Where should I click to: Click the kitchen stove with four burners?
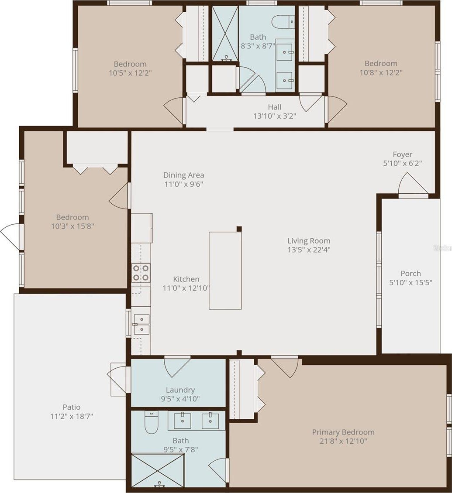(x=141, y=273)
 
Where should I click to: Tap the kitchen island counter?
(x=225, y=270)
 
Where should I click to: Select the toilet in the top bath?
(x=283, y=21)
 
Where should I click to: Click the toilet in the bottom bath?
(x=151, y=423)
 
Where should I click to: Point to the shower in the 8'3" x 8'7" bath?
(x=225, y=33)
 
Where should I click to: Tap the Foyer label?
(x=402, y=154)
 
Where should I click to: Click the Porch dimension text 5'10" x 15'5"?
(x=411, y=283)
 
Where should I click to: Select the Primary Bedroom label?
(x=343, y=432)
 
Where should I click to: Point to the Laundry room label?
(x=180, y=390)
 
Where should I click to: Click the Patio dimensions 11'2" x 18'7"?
(x=72, y=416)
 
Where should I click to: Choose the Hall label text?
(x=274, y=107)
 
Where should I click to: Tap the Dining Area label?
(x=183, y=175)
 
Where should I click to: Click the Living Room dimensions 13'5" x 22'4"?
(x=309, y=250)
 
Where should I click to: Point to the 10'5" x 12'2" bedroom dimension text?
(x=130, y=73)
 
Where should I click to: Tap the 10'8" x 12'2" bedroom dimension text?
(x=381, y=72)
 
